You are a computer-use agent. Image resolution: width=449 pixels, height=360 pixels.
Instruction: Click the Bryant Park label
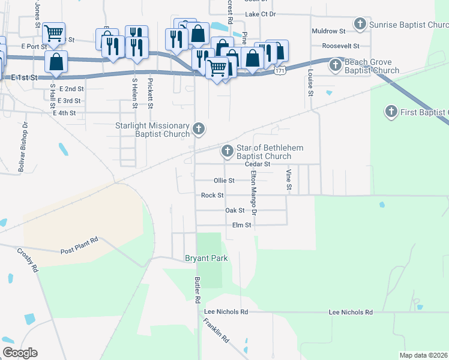pos(204,258)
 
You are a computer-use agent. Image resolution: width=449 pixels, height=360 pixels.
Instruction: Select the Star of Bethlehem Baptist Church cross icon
pos(228,151)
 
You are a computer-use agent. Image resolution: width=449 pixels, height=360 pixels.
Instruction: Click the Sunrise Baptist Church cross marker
pos(360,25)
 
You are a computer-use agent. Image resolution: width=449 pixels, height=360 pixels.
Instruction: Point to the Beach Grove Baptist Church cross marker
pos(336,65)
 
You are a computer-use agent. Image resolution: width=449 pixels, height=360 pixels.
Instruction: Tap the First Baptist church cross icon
pos(391,112)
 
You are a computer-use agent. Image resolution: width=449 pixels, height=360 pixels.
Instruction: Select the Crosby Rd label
pos(28,261)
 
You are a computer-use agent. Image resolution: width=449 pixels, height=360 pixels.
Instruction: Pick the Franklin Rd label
pos(216,330)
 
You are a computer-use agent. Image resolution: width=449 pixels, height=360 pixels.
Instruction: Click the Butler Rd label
pos(197,290)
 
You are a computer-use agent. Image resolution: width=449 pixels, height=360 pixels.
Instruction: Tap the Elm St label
pos(241,225)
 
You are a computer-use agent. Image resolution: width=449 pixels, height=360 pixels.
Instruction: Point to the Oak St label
pos(235,211)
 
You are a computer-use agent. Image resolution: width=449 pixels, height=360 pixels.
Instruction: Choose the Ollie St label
pos(224,180)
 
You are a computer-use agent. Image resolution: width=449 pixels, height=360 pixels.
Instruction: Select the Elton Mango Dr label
pos(253,193)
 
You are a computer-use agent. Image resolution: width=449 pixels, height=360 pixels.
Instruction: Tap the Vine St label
pos(289,181)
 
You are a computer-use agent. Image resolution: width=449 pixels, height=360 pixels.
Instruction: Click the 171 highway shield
pos(280,70)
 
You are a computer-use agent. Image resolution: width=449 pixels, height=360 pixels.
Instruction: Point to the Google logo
pos(20,353)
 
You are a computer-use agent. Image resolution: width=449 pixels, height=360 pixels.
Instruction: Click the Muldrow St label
pos(328,31)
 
